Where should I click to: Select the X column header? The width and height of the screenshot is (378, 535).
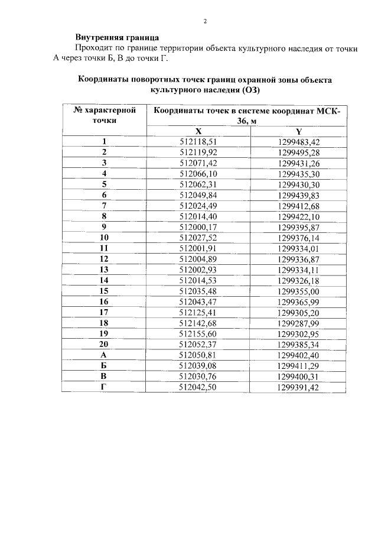(198, 131)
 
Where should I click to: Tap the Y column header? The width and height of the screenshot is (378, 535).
(298, 131)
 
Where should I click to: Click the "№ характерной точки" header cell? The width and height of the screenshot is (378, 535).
(104, 115)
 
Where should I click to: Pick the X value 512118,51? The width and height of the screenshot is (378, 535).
(198, 142)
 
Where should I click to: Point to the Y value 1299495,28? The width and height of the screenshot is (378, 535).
(298, 152)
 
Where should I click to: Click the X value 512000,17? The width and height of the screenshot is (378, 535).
(198, 226)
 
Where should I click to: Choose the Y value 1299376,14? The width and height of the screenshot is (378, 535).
(298, 237)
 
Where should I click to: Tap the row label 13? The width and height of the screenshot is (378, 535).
(104, 269)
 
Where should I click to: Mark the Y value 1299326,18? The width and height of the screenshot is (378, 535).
(298, 280)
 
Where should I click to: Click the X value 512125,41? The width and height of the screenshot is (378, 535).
(198, 312)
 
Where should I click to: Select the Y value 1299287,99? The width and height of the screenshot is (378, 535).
(298, 322)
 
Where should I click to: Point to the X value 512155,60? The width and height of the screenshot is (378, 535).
(198, 333)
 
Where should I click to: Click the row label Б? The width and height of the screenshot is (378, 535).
(104, 365)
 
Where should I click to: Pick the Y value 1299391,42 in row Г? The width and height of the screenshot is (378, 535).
(298, 386)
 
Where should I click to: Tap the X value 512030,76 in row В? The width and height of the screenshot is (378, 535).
(198, 375)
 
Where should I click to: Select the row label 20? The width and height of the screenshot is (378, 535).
(104, 343)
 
